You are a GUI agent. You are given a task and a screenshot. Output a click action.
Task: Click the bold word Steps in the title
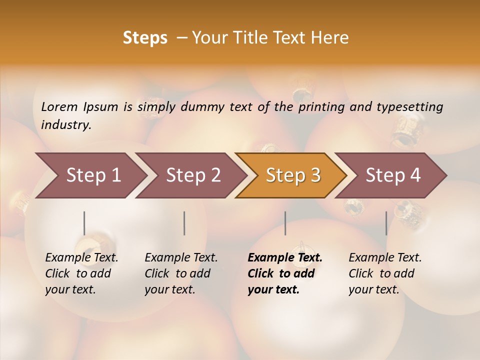click(x=145, y=38)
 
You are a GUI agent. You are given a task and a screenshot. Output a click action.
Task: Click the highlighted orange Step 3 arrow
click(x=293, y=175)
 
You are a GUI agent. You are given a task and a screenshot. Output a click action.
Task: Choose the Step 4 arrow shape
click(x=393, y=175)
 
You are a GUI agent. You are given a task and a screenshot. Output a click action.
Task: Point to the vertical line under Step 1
click(x=84, y=223)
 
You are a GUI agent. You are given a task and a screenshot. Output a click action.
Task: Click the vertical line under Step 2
click(x=184, y=223)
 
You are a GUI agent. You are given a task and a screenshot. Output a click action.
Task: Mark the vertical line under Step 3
click(x=285, y=223)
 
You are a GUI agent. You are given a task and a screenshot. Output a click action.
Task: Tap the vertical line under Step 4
click(x=386, y=223)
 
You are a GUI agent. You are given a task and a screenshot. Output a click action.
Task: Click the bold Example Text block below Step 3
click(x=285, y=273)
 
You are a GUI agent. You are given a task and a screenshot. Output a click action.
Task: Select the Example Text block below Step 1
click(x=81, y=273)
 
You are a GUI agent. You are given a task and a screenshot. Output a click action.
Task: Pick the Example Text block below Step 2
click(x=181, y=273)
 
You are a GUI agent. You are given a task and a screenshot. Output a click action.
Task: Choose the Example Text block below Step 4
click(x=385, y=273)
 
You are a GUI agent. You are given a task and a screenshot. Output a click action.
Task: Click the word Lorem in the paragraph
click(x=59, y=106)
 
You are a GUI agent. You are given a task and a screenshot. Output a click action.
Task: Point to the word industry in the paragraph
click(x=65, y=125)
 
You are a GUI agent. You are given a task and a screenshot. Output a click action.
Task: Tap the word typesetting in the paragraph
click(x=409, y=106)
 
